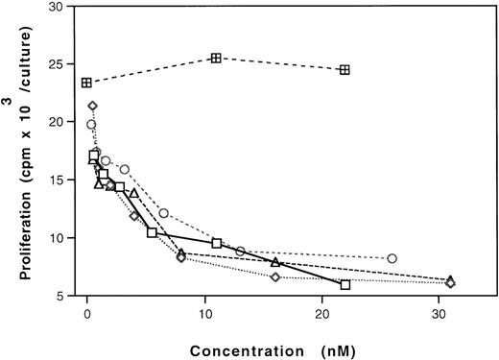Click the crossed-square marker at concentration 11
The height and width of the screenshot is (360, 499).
(216, 59)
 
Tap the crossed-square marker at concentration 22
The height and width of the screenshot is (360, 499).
(345, 70)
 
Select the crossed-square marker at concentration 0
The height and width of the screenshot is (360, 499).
(87, 83)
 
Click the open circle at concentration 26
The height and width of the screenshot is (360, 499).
(392, 258)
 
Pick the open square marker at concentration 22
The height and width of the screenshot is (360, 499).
(345, 285)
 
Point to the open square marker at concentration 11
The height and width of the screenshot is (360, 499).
(216, 243)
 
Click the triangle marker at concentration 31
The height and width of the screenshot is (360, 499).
(450, 280)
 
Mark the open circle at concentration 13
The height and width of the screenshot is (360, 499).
(240, 252)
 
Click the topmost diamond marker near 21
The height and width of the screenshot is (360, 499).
(93, 106)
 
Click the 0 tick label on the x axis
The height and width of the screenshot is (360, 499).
(87, 311)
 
